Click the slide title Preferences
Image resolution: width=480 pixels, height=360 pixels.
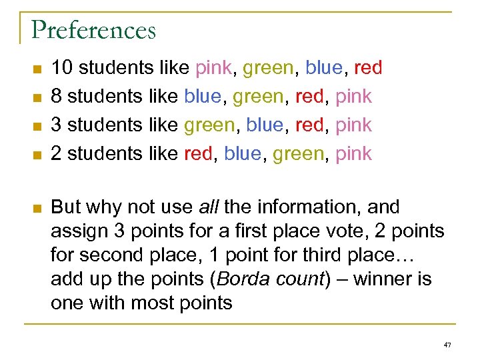click(x=93, y=30)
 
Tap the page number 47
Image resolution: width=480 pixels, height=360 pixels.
click(x=447, y=345)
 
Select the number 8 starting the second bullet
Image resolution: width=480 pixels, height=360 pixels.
click(x=57, y=96)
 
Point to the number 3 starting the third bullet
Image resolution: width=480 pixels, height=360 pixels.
click(x=57, y=125)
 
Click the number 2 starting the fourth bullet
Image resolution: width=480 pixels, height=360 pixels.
click(x=57, y=153)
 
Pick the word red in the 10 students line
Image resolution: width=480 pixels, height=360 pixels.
click(x=368, y=67)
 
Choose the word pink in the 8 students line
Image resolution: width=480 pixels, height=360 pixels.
click(x=354, y=96)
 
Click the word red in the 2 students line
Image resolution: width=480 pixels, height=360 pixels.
click(x=198, y=153)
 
